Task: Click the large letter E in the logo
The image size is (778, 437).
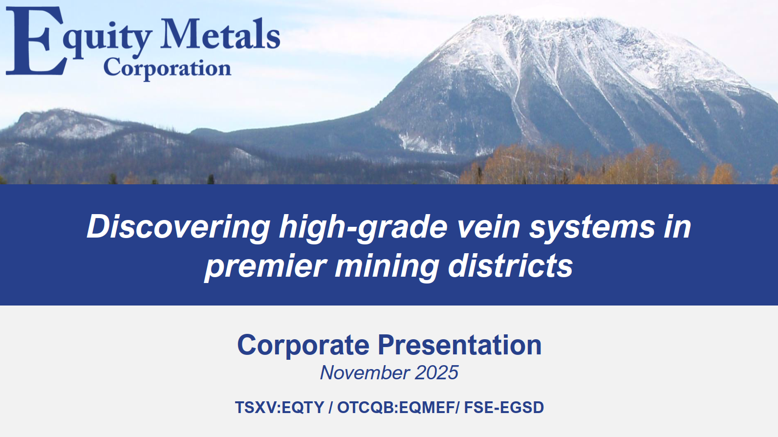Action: (34, 41)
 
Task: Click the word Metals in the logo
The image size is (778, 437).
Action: (220, 35)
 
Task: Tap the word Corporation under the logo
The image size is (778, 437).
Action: (167, 68)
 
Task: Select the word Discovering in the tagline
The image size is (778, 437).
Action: (178, 227)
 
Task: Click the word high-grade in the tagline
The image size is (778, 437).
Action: (363, 228)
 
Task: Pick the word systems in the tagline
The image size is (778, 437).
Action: (592, 228)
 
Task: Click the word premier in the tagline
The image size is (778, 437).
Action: (265, 266)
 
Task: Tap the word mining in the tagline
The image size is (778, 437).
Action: (387, 267)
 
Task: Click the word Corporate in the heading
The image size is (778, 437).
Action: (303, 345)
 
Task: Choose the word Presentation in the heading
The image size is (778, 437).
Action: (459, 345)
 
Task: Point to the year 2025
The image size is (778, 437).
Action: (436, 373)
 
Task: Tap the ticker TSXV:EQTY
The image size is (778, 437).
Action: (280, 407)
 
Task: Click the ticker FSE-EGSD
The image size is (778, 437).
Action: (504, 407)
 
